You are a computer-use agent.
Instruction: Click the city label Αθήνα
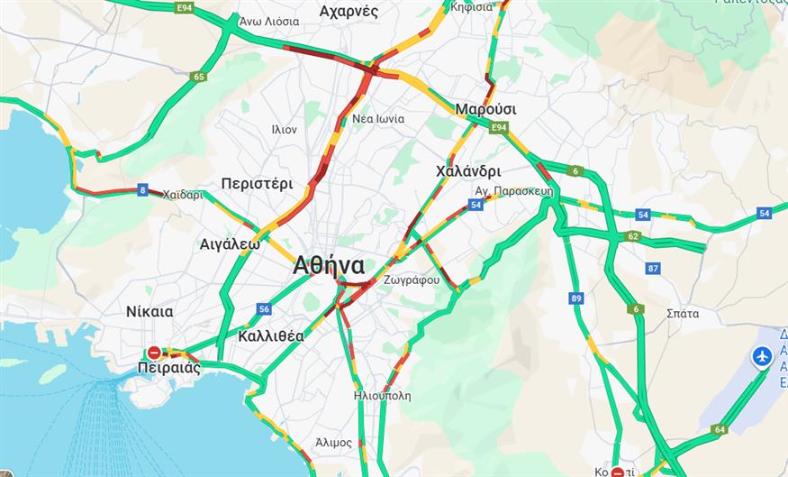point(328,266)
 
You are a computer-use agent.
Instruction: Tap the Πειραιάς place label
point(169,369)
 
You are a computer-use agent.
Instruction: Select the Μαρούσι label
point(485,109)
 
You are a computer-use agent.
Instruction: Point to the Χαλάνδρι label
point(467,171)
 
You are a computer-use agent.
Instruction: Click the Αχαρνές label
point(349,12)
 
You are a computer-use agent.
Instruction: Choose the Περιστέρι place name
point(257,184)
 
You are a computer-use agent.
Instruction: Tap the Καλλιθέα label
point(271,336)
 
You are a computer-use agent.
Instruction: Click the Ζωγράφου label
point(411,280)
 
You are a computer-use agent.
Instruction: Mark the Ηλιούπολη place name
point(383,395)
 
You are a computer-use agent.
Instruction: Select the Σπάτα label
point(682,314)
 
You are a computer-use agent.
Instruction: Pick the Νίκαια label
point(149,312)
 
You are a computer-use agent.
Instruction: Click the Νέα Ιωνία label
point(378,119)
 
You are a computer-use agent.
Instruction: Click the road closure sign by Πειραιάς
point(155,353)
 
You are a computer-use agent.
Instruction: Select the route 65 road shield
point(199,77)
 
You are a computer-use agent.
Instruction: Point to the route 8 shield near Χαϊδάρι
point(142,189)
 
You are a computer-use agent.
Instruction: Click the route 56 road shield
point(264,309)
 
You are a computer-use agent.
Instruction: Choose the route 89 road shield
point(576,298)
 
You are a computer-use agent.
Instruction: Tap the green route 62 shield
point(633,236)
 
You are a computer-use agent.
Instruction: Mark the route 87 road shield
point(653,269)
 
